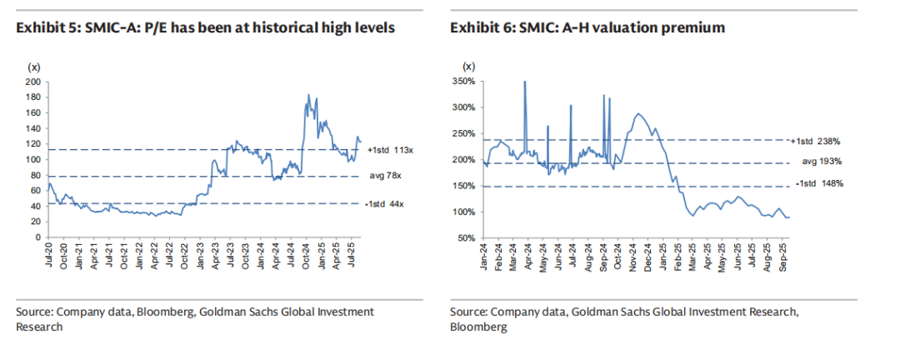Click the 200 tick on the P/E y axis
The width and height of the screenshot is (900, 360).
click(33, 82)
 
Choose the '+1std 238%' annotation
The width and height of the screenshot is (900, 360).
click(823, 141)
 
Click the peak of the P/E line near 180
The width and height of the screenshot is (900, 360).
click(308, 96)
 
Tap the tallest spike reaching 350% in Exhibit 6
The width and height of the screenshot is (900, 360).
click(524, 82)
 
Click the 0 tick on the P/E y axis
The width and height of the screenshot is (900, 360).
click(38, 237)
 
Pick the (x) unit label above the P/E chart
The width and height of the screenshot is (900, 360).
click(35, 67)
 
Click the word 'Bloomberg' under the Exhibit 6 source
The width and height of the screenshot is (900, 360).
click(478, 327)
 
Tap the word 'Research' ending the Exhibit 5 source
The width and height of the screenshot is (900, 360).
click(39, 327)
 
